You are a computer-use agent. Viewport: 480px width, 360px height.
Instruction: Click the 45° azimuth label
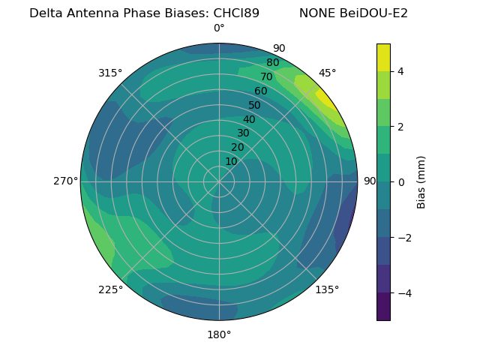(x=327, y=73)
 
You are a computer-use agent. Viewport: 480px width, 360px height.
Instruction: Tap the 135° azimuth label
(x=327, y=289)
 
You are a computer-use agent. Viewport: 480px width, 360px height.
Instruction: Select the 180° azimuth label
(x=219, y=334)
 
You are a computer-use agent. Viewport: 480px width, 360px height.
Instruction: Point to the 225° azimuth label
(x=110, y=289)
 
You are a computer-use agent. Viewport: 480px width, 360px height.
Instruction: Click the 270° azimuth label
(x=66, y=181)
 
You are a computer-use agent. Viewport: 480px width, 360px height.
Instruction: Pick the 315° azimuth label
(x=110, y=73)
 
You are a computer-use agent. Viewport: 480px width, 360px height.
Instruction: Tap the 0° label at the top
(x=219, y=28)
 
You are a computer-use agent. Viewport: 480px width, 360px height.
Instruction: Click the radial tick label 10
(x=231, y=161)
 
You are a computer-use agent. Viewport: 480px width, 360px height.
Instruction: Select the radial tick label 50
(x=255, y=106)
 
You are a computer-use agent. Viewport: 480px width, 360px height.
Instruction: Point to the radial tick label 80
(x=272, y=63)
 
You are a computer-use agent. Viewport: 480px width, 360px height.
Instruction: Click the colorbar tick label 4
(x=401, y=71)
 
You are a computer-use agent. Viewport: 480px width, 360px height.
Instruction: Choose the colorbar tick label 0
(x=401, y=182)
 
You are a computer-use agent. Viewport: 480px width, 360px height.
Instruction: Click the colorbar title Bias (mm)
(x=421, y=181)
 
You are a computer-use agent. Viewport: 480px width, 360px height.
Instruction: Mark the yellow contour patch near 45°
(x=328, y=100)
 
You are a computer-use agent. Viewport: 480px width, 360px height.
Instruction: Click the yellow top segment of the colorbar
(x=383, y=57)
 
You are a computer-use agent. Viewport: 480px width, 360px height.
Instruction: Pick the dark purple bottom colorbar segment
(x=383, y=306)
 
